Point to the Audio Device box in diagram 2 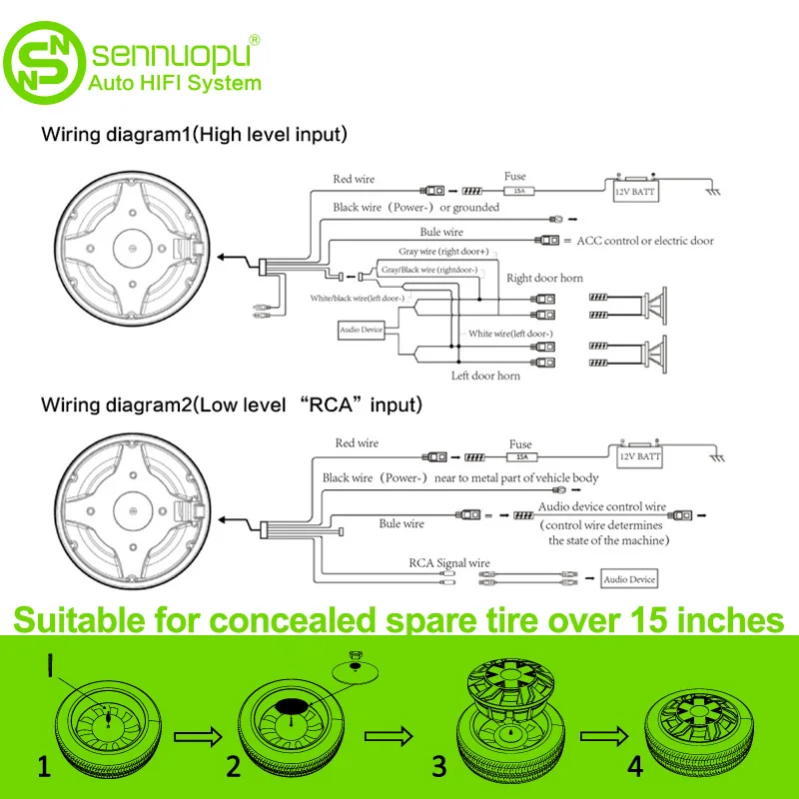[x=628, y=579]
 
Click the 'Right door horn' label [x=544, y=278]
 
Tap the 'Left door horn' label [x=486, y=376]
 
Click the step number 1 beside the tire [x=44, y=766]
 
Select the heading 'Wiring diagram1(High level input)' [x=194, y=133]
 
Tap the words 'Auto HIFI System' [x=176, y=83]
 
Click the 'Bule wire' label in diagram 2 [x=401, y=523]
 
